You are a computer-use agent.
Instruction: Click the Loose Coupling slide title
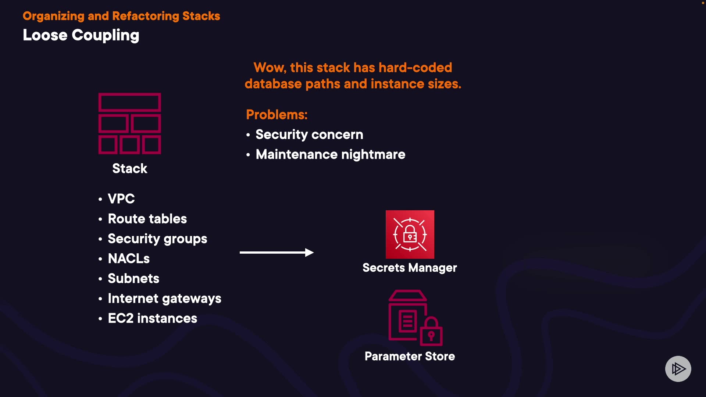point(81,35)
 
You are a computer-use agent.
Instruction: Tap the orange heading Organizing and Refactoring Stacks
point(121,16)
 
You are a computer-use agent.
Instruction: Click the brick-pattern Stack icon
point(129,124)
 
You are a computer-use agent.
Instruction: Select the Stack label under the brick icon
point(129,168)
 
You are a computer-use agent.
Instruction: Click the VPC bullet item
point(121,199)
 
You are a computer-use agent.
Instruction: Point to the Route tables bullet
point(147,219)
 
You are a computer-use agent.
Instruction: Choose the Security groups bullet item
point(157,239)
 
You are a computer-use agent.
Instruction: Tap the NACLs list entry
point(129,259)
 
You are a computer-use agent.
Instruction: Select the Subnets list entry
point(133,279)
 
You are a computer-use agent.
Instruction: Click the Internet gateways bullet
point(164,298)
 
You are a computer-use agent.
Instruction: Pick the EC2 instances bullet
point(152,318)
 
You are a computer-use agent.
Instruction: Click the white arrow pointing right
point(277,253)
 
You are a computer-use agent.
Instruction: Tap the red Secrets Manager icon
point(410,235)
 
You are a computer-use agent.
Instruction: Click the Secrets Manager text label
point(410,268)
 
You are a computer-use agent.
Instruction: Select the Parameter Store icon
point(415,318)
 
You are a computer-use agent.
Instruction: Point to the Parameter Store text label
point(410,356)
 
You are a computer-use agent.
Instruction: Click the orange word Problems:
point(277,115)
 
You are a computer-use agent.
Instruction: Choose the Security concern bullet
point(309,135)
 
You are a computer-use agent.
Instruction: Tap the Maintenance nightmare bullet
point(330,154)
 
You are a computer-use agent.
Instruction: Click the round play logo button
point(678,369)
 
